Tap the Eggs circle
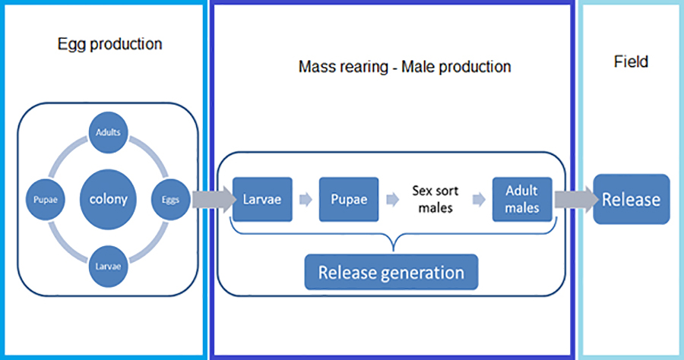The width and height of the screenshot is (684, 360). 170,201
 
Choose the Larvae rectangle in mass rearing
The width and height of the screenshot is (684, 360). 262,200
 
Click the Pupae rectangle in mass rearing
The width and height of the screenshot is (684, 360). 349,200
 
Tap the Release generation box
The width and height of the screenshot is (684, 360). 391,272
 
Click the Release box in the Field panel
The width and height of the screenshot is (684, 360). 632,199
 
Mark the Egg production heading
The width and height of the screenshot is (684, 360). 109,44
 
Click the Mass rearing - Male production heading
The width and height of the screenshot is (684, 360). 404,67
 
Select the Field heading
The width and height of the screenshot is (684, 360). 631,62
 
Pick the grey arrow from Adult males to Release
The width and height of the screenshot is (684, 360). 573,199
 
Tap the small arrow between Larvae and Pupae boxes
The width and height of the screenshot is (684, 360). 306,201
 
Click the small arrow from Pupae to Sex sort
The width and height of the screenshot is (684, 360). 392,201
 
